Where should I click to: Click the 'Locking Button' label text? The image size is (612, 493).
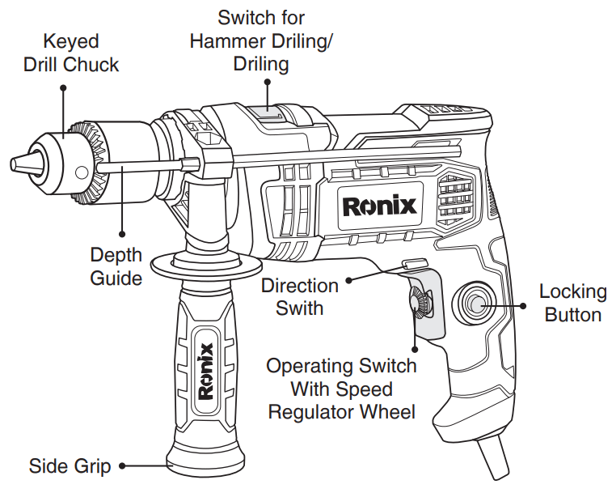(572, 303)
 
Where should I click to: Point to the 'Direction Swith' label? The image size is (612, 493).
(299, 296)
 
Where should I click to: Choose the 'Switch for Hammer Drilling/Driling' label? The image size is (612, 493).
(261, 40)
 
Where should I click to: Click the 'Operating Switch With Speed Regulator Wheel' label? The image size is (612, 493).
(341, 389)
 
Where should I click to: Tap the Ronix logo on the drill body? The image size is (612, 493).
(380, 205)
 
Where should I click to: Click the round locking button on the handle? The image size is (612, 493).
(474, 304)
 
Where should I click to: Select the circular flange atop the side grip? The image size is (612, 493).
(205, 263)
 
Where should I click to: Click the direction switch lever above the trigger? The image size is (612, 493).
(414, 265)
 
